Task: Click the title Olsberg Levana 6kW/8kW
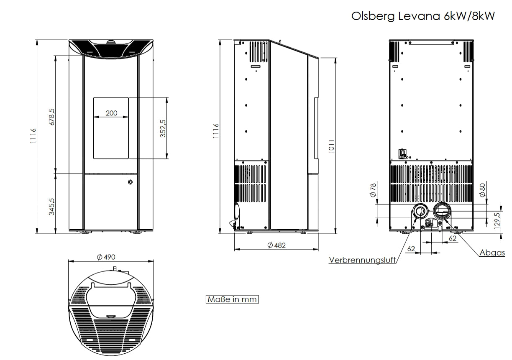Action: (x=423, y=16)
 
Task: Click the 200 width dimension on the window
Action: (x=111, y=113)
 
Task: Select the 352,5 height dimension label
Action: (x=163, y=128)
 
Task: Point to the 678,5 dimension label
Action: (x=51, y=117)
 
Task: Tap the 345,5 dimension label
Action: (x=51, y=206)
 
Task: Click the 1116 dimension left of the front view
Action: (x=33, y=136)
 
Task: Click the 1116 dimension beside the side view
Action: (x=216, y=131)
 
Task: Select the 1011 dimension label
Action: (x=331, y=146)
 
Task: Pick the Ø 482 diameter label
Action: (x=276, y=245)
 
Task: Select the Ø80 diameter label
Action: (x=482, y=190)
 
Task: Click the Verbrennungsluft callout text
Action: (x=362, y=260)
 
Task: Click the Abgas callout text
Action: (x=492, y=253)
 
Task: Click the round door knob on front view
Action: (x=131, y=182)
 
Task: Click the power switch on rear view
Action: (x=403, y=153)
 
